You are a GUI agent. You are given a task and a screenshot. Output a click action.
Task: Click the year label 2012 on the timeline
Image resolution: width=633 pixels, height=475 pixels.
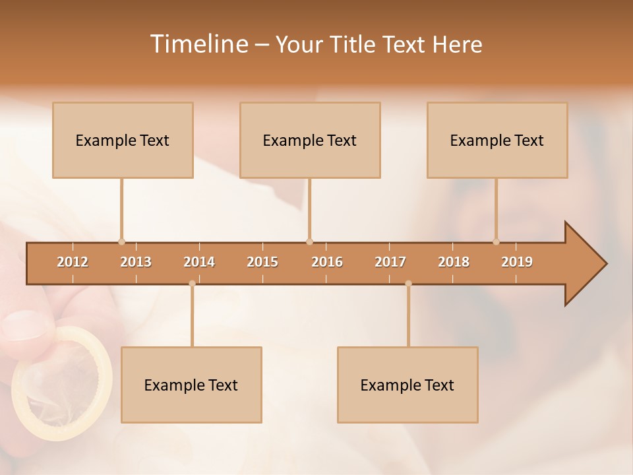[x=73, y=262]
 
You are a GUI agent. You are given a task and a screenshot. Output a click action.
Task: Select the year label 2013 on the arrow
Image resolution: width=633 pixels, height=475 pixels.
[x=136, y=262]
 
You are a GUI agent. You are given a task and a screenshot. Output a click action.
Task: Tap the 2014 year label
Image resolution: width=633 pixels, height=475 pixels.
[x=199, y=262]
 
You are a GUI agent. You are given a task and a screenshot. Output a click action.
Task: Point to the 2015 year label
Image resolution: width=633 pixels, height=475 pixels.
[x=262, y=262]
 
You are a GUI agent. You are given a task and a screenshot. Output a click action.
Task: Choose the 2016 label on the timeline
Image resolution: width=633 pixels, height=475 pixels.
[x=327, y=262]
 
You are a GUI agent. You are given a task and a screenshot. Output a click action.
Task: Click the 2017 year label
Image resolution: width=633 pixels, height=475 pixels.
[x=390, y=262]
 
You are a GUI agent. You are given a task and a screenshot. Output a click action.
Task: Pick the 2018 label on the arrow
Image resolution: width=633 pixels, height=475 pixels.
[x=454, y=262]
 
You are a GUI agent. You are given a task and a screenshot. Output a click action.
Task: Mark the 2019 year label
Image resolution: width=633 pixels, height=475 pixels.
[x=517, y=262]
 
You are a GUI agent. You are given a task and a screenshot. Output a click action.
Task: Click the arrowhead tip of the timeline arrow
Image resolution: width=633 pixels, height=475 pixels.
[x=605, y=264]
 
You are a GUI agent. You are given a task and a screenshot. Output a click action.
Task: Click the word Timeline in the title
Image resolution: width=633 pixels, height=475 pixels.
[x=198, y=44]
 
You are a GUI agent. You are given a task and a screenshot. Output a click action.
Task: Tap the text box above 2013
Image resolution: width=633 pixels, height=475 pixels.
[x=123, y=140]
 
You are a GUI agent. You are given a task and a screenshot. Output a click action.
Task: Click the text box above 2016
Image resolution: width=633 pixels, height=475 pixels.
[x=310, y=140]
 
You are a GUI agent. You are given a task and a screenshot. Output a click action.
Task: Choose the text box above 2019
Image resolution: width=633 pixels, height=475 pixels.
[x=497, y=140]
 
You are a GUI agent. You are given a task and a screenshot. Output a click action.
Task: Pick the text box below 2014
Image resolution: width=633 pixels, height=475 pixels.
[x=191, y=385]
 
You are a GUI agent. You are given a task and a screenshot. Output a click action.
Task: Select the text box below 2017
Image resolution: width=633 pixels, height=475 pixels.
[x=407, y=385]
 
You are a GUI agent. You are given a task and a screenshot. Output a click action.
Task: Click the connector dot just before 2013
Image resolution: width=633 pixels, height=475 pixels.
[x=121, y=242]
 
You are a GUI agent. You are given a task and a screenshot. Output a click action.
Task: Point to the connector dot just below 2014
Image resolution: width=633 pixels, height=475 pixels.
[x=192, y=284]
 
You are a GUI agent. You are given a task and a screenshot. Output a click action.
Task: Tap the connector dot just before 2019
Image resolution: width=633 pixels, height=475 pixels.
[x=496, y=242]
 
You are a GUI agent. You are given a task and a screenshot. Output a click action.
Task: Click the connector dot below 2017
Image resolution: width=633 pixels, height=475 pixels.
[x=408, y=284]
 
